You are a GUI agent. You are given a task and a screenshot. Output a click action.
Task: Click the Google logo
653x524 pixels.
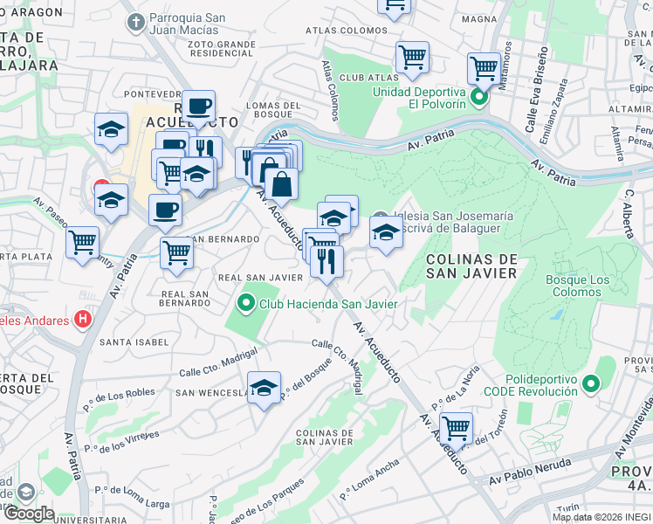(x=28, y=514)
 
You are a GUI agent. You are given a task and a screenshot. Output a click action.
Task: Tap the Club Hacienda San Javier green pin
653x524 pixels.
(x=245, y=304)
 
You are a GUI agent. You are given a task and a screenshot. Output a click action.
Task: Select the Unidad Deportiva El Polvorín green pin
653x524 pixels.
(x=478, y=96)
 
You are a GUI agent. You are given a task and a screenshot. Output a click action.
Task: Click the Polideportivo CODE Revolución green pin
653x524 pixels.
(x=591, y=383)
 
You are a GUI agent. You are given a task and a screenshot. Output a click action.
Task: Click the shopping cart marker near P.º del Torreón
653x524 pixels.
(x=456, y=428)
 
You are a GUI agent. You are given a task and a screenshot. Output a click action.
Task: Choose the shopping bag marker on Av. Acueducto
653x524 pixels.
(x=282, y=184)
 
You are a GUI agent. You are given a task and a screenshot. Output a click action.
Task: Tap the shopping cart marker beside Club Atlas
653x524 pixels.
(x=412, y=58)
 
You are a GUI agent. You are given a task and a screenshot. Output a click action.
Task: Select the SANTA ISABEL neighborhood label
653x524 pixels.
(x=134, y=341)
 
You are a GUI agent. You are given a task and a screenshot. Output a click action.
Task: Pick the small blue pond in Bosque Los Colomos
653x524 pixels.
(x=556, y=314)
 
